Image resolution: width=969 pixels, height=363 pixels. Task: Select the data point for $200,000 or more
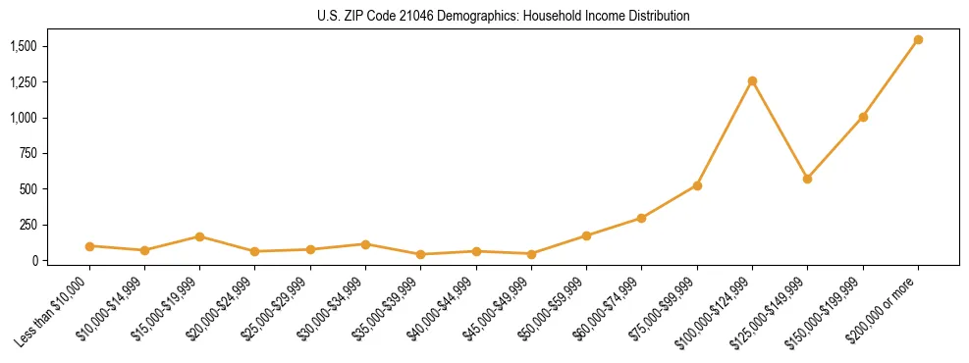[x=918, y=40]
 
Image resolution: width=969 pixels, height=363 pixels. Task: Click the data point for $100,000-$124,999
[x=752, y=80]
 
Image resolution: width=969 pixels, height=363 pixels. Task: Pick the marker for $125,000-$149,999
[x=807, y=179]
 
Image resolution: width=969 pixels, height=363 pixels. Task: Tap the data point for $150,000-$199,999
[x=863, y=117]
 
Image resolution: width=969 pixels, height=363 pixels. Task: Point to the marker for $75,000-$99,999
[x=697, y=185]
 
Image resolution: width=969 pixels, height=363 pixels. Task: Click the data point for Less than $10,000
[x=89, y=246]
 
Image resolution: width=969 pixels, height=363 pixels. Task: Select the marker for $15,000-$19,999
[x=199, y=236]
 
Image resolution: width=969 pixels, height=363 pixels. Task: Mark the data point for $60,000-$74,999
[x=641, y=218]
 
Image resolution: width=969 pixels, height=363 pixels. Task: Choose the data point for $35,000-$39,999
[x=420, y=254]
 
